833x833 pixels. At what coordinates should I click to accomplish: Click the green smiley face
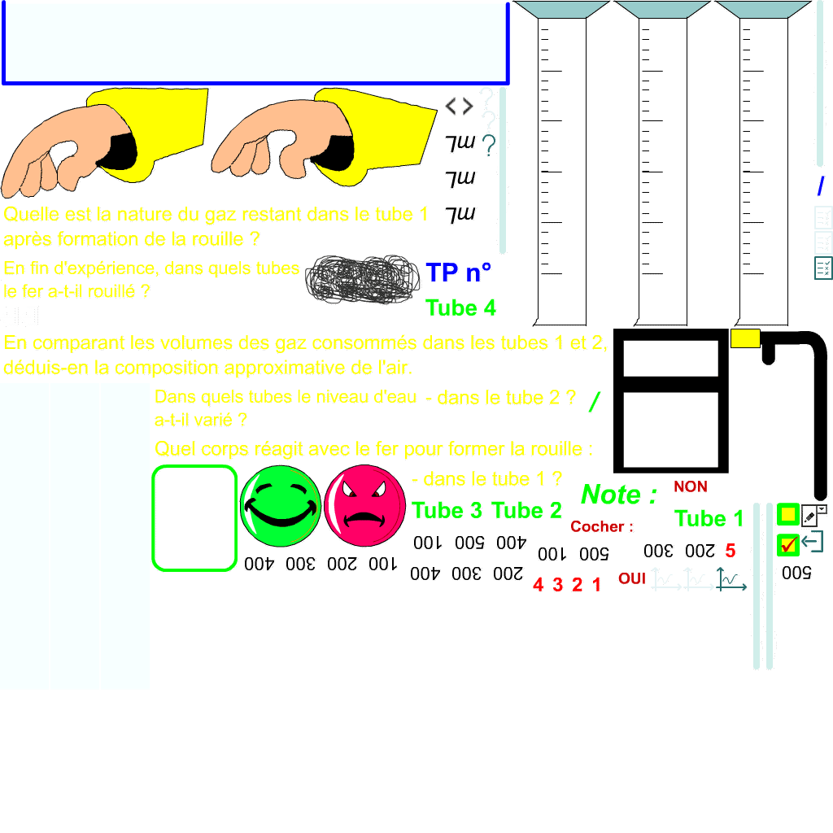[280, 506]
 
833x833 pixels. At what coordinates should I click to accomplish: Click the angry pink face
[364, 506]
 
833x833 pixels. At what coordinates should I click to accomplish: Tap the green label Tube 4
[460, 308]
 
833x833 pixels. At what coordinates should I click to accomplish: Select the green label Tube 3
[447, 511]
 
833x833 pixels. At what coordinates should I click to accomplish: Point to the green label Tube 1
[709, 518]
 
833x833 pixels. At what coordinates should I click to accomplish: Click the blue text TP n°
[459, 273]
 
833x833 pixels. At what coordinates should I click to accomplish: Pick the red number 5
[730, 551]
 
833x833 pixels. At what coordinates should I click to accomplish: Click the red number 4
[538, 585]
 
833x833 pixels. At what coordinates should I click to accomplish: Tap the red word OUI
[632, 578]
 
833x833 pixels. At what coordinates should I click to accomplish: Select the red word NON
[691, 487]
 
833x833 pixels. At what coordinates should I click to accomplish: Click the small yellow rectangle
[745, 338]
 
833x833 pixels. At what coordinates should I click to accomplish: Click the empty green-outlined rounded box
[194, 517]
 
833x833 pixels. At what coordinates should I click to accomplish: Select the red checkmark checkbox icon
[787, 544]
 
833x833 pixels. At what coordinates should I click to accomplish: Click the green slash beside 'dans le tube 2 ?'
[595, 401]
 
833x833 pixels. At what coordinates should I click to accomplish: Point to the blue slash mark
[821, 186]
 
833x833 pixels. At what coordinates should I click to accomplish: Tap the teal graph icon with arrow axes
[731, 580]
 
